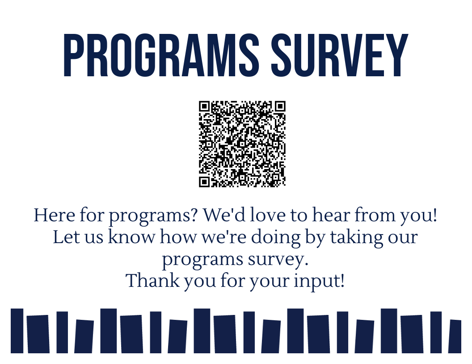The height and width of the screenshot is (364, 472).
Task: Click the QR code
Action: click(x=242, y=144)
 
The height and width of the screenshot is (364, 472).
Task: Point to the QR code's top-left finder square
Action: click(x=205, y=107)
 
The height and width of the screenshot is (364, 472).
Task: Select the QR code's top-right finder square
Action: click(x=280, y=107)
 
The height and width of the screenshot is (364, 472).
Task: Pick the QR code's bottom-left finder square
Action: click(x=205, y=181)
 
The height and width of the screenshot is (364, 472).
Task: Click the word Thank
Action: click(x=148, y=281)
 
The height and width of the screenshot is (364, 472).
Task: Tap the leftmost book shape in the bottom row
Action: click(x=17, y=331)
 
